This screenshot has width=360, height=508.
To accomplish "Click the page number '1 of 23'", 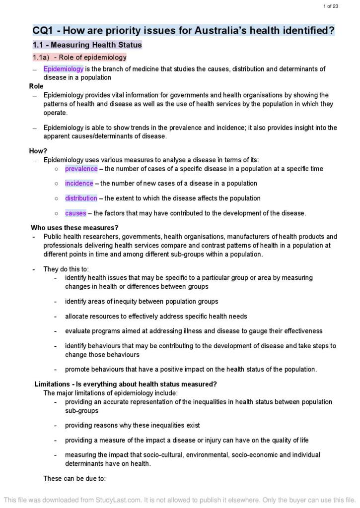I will (x=331, y=6).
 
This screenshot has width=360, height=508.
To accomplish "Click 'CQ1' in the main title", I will (x=44, y=30).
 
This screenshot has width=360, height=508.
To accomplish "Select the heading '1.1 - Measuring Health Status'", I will (x=87, y=45).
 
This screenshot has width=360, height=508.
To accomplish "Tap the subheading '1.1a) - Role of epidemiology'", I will (x=80, y=58).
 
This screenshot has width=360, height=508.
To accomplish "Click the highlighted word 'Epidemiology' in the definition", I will (x=63, y=69).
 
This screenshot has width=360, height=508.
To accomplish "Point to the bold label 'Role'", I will (x=36, y=86).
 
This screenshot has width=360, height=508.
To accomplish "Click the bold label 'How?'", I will (x=38, y=151).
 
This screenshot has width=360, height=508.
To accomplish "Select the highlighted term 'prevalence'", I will (x=81, y=169).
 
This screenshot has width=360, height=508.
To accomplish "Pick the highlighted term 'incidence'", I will (x=79, y=184).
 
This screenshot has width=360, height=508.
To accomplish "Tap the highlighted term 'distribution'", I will (x=81, y=198).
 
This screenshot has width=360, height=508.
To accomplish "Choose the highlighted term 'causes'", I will (x=75, y=213).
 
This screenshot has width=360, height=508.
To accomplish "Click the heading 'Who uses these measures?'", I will (x=74, y=228).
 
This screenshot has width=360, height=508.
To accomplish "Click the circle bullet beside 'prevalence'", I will (x=57, y=169).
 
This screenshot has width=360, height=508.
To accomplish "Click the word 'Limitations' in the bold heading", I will (x=52, y=384).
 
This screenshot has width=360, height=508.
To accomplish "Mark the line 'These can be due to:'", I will (x=74, y=479).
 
